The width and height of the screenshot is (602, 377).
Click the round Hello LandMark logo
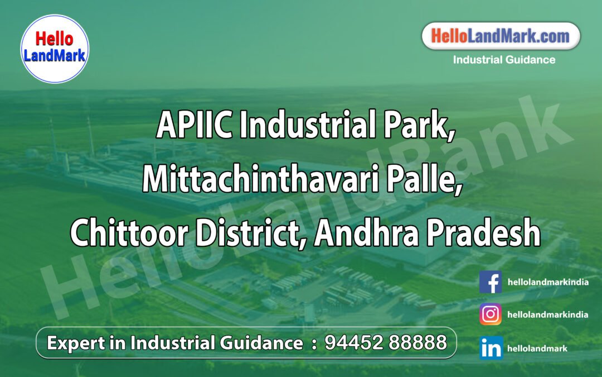tap(55, 48)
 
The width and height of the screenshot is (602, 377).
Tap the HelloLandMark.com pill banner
tap(501, 37)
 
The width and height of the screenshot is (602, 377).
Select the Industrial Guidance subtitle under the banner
tap(504, 60)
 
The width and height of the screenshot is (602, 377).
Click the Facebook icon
tap(491, 282)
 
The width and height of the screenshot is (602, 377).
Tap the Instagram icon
tap(491, 314)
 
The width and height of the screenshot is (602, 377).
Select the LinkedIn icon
tap(491, 348)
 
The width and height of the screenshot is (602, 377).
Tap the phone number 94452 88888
tap(386, 342)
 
